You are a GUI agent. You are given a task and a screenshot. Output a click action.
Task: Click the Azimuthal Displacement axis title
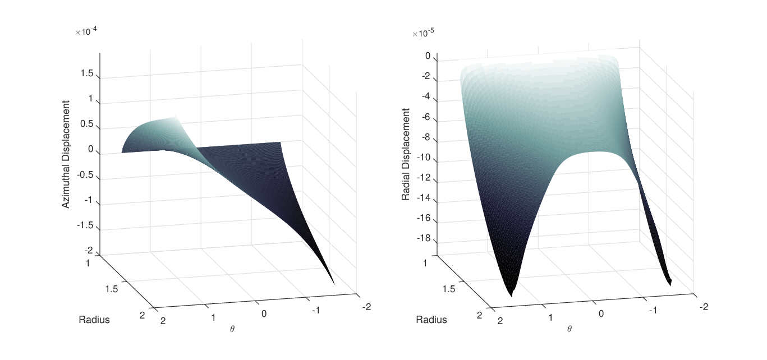tap(66, 154)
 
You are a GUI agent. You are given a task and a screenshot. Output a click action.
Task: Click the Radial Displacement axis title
tap(406, 154)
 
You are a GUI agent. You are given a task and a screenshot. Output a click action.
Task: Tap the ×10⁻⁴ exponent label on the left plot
tap(86, 31)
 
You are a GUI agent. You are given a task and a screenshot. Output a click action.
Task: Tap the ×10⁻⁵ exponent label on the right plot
tap(423, 33)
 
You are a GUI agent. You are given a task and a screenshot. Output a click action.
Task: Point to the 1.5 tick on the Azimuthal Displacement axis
tap(86, 73)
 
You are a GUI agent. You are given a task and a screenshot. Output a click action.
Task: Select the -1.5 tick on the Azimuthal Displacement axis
tap(85, 225)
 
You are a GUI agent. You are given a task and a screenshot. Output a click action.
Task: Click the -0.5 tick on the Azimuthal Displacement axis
tap(85, 174)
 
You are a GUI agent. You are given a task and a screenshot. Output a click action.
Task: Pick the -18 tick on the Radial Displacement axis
tap(424, 238)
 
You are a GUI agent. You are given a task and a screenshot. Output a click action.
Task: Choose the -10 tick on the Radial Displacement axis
tap(424, 158)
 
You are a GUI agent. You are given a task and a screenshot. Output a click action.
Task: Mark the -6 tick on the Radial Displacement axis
tap(426, 117)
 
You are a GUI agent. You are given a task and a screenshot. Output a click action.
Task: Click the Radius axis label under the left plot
tap(94, 320)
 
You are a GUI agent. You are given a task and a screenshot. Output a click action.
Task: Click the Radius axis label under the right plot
tap(431, 320)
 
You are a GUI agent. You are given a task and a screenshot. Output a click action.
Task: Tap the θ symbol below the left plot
tap(232, 329)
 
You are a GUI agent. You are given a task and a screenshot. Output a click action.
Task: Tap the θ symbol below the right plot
tap(569, 329)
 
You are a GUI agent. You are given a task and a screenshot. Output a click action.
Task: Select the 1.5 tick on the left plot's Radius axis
tap(111, 289)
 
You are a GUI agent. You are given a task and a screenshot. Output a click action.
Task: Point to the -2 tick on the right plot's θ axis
tap(704, 307)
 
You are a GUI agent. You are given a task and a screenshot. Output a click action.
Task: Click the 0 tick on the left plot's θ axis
tap(264, 313)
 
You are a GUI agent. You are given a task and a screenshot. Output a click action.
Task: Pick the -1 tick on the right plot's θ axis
tap(653, 310)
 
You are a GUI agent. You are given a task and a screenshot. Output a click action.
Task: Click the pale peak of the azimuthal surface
tap(174, 117)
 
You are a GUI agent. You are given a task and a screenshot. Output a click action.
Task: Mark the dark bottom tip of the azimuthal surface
tap(333, 283)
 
